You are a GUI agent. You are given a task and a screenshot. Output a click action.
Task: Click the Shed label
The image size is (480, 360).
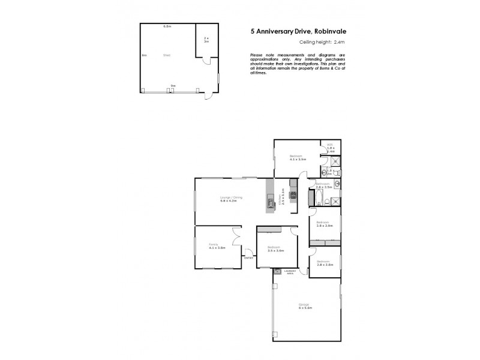166,55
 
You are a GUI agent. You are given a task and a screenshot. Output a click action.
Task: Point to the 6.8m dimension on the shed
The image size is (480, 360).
167,26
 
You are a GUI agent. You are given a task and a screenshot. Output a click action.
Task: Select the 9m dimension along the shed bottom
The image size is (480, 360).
173,86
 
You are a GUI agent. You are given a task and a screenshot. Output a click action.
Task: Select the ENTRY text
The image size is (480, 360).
248,258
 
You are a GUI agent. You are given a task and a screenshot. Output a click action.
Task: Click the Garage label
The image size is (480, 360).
304,305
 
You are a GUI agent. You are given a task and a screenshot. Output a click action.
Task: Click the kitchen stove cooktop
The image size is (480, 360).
293,194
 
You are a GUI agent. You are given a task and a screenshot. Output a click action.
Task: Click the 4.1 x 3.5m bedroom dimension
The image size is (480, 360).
298,159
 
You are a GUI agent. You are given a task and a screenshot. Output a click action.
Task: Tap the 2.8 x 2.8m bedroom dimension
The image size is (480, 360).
325,264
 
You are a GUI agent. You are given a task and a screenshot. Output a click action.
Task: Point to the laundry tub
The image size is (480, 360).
277,271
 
